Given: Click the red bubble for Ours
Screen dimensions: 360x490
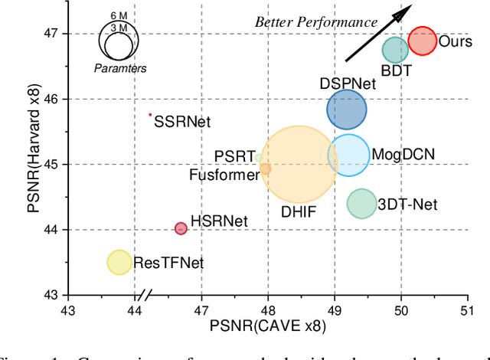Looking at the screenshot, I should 422,41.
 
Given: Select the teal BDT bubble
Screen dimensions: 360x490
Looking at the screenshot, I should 395,50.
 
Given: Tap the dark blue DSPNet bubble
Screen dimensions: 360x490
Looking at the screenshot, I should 347,109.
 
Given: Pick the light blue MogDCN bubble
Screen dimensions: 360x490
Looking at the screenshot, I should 349,155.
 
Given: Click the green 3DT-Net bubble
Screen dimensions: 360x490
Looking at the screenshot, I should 361,204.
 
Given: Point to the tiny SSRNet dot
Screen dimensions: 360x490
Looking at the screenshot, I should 150,115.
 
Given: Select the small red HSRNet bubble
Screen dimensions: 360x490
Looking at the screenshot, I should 181,228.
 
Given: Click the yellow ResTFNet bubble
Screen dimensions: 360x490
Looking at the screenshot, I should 119,262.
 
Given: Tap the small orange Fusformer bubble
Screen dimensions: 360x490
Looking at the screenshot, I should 265,169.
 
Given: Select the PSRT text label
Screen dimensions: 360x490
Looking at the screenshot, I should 234,156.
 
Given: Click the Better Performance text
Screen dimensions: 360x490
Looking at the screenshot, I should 315,22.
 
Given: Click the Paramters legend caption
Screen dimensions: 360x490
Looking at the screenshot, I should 120,68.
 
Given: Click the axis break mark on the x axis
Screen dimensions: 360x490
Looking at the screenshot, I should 143,295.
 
